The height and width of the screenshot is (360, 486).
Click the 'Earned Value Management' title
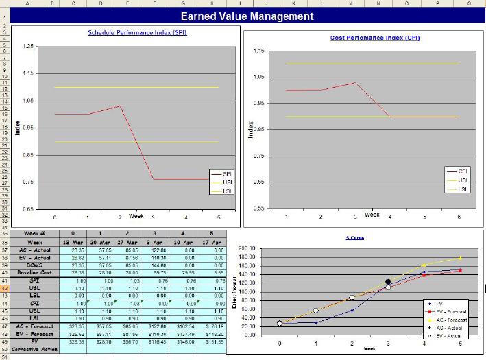point(247,16)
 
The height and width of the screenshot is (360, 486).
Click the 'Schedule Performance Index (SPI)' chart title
point(137,32)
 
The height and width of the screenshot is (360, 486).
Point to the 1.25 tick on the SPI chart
point(27,46)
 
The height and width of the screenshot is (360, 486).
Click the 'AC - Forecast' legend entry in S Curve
point(451,320)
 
